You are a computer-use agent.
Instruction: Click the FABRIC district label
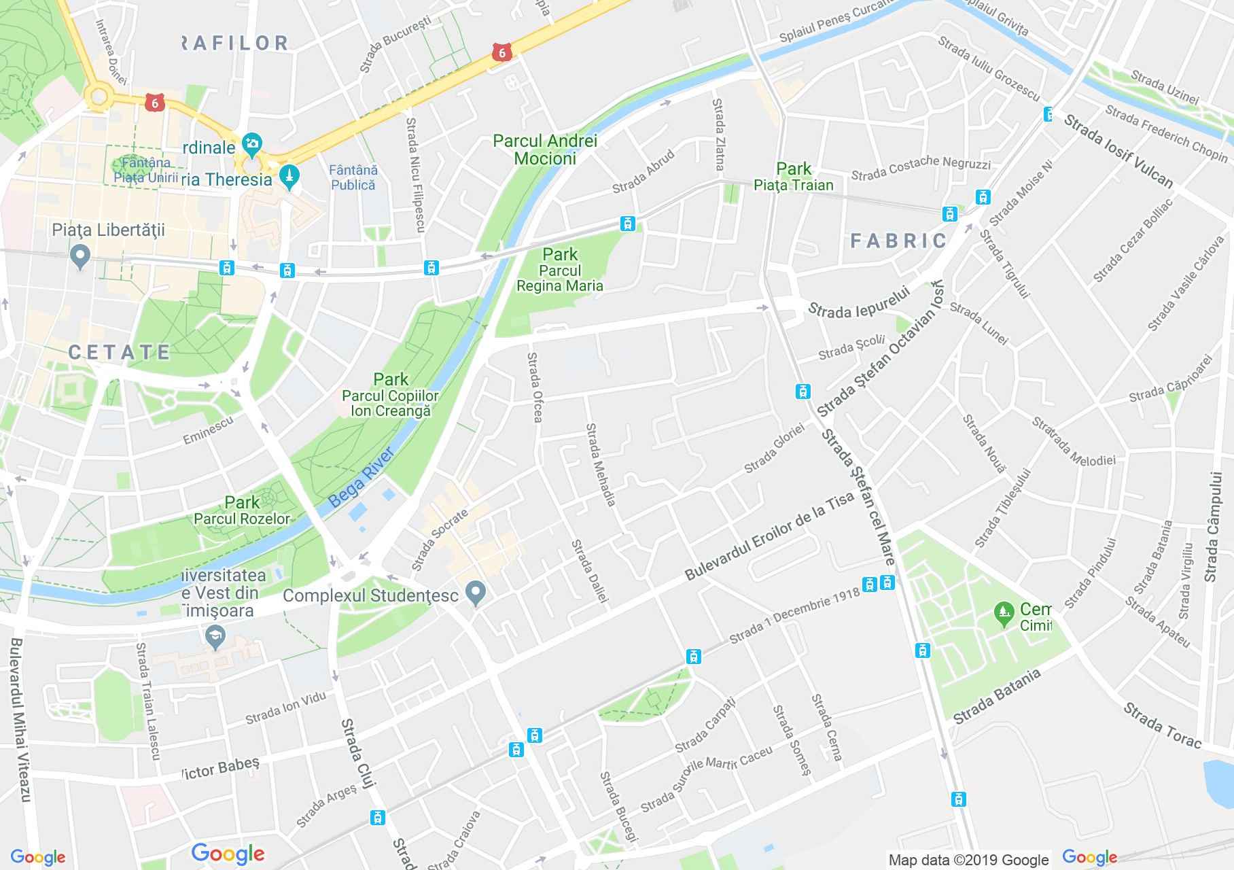pos(898,240)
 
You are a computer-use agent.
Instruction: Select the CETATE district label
pos(120,351)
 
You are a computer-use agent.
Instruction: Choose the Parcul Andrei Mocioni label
pos(545,150)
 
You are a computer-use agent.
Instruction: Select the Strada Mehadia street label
pos(601,465)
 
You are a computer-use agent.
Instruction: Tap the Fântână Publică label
pos(353,177)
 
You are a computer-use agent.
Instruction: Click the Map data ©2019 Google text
pos(968,860)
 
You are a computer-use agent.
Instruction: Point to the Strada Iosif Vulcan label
pos(1118,150)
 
